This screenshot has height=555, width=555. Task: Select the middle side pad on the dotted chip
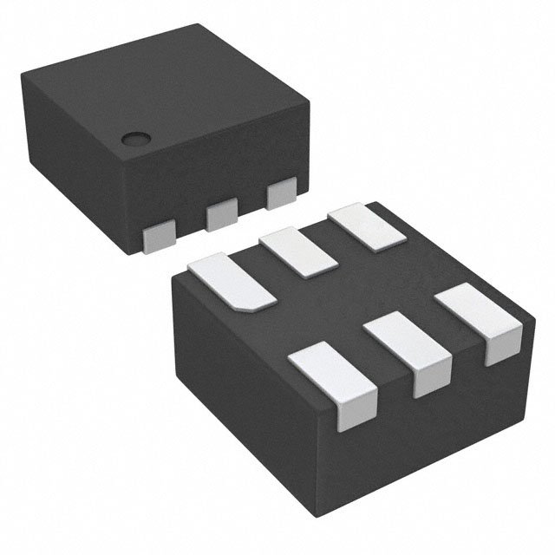click(222, 213)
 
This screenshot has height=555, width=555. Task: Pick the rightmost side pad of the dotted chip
click(282, 193)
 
